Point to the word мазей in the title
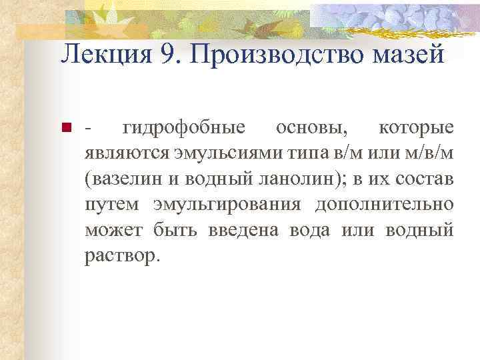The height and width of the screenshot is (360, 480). (408, 54)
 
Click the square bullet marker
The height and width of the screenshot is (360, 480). (65, 127)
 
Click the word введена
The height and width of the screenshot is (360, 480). (250, 230)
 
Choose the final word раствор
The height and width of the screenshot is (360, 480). (122, 256)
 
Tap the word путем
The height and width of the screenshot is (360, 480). (112, 205)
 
